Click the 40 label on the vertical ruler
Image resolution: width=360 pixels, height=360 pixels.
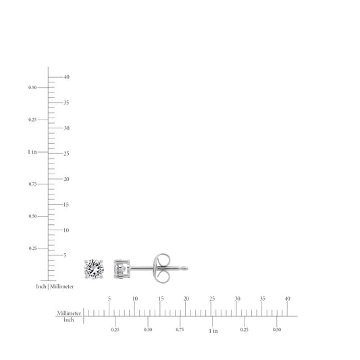67,77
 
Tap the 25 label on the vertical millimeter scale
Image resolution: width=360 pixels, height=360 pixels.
66,153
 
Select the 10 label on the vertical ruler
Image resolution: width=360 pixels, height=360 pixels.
66,230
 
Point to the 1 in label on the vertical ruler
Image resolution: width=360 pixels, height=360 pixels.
32,152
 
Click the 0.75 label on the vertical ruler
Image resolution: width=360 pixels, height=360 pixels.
32,184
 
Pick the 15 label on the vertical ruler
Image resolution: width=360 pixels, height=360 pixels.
66,205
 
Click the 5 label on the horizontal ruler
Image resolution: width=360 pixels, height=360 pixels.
109,299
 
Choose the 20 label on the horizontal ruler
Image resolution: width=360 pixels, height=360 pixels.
186,299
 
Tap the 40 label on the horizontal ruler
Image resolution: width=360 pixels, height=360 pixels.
288,299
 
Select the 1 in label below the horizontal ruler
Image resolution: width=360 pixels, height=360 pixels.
213,331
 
